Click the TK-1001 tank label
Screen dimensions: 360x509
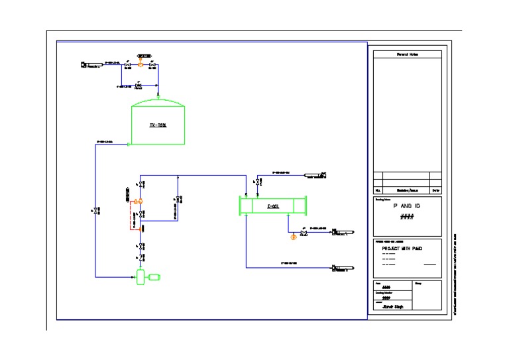[158, 125]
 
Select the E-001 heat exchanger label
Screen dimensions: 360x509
[272, 206]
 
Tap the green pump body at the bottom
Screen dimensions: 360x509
[141, 276]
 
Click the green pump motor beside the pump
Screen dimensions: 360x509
[154, 277]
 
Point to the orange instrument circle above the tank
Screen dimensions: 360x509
[140, 63]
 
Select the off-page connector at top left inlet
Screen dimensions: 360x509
[91, 64]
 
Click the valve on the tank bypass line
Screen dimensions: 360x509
[139, 86]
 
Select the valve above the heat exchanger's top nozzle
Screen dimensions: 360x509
[257, 182]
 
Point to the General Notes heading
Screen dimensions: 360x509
[407, 54]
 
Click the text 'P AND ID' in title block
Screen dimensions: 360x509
[407, 206]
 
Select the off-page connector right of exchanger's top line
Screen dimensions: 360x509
[315, 176]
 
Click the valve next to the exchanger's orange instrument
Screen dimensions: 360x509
[303, 233]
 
